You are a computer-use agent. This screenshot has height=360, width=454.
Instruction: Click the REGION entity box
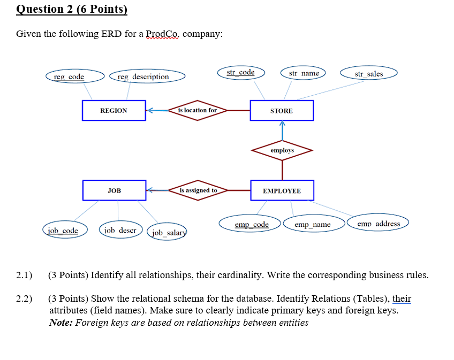click(x=114, y=111)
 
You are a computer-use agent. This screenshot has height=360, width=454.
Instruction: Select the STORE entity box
click(x=282, y=111)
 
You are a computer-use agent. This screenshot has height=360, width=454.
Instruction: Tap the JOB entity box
click(x=114, y=190)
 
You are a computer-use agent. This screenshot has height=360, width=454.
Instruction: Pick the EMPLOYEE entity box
click(x=282, y=191)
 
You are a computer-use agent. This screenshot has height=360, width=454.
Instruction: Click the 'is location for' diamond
click(x=198, y=110)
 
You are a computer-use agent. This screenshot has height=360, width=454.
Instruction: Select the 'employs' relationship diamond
click(x=282, y=151)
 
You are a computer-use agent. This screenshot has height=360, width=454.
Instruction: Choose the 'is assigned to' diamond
click(x=198, y=190)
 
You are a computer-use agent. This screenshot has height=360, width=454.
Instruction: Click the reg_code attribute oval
click(x=69, y=77)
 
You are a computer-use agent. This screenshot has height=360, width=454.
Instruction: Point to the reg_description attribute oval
click(x=143, y=77)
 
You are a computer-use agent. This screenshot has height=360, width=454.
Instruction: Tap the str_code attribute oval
click(x=240, y=72)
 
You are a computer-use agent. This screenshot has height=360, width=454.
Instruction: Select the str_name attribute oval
click(x=304, y=73)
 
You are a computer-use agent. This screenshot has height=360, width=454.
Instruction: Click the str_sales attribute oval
click(x=369, y=73)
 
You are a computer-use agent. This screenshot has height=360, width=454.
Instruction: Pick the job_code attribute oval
click(x=63, y=231)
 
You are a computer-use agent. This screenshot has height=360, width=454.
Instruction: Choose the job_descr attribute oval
click(x=120, y=230)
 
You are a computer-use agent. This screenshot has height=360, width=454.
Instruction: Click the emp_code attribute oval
click(x=252, y=224)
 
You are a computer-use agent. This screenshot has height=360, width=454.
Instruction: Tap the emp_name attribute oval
click(x=313, y=224)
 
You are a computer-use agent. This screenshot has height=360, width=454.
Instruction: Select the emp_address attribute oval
click(x=379, y=223)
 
